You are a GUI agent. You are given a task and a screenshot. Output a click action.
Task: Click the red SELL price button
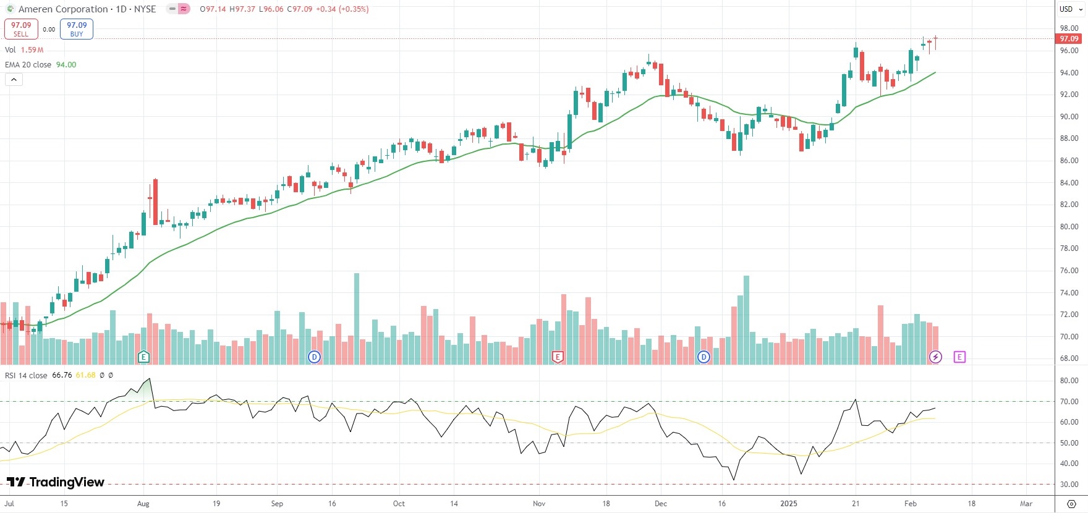pyautogui.click(x=21, y=29)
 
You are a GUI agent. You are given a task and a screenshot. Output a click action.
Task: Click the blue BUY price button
pyautogui.click(x=77, y=29)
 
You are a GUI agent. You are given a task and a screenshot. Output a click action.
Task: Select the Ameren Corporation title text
pyautogui.click(x=63, y=9)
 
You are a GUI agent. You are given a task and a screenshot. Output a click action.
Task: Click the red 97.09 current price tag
pyautogui.click(x=1069, y=39)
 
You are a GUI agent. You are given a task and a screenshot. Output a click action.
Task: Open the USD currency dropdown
pyautogui.click(x=1071, y=9)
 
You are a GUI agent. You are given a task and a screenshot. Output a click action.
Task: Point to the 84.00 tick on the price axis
pyautogui.click(x=1069, y=183)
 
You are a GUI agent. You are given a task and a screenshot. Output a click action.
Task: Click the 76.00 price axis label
pyautogui.click(x=1069, y=271)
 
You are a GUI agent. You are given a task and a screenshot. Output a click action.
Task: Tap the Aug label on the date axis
pyautogui.click(x=143, y=504)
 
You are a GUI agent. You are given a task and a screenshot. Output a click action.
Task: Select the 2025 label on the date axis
pyautogui.click(x=789, y=504)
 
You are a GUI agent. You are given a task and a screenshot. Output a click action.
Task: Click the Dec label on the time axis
pyautogui.click(x=661, y=504)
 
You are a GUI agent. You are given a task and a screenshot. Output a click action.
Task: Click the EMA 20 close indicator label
pyautogui.click(x=28, y=65)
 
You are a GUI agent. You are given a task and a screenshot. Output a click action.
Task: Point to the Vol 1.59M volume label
pyautogui.click(x=24, y=50)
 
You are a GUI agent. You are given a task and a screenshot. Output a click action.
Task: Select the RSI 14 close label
pyautogui.click(x=26, y=376)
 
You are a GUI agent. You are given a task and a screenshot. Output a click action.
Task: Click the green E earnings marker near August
pyautogui.click(x=143, y=357)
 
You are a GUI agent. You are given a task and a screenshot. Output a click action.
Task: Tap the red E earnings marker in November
pyautogui.click(x=558, y=357)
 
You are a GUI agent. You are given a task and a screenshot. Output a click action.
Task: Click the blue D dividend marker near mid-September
pyautogui.click(x=315, y=357)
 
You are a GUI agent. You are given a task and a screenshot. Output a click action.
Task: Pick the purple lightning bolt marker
pyautogui.click(x=935, y=357)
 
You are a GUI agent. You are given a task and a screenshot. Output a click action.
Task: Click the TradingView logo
pyautogui.click(x=56, y=482)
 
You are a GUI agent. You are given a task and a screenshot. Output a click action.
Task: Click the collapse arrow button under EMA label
pyautogui.click(x=14, y=80)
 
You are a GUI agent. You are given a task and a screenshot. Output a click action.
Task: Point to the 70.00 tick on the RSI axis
pyautogui.click(x=1069, y=402)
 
